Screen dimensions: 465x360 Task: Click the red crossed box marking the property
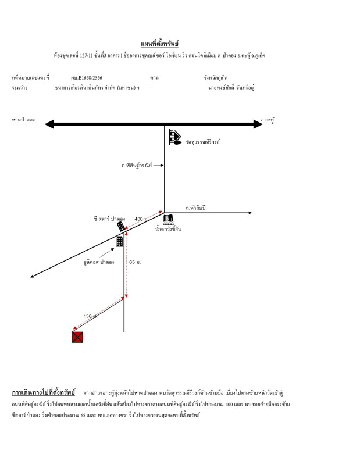77,337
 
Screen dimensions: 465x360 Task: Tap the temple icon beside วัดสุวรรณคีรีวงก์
174,137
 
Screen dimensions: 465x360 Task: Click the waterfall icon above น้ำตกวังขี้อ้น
168,220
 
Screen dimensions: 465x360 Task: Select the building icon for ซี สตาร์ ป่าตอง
121,226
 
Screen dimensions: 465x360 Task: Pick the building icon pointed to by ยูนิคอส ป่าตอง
120,241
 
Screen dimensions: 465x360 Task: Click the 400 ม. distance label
141,219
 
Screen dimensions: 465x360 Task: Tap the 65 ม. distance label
135,263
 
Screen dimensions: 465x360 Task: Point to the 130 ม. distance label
90,317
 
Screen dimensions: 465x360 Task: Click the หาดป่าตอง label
23,120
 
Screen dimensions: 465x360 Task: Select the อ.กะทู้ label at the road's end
268,120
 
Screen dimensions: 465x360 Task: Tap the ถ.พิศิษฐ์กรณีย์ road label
137,166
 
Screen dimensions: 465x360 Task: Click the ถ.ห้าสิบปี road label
195,208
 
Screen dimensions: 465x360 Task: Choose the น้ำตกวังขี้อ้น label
168,230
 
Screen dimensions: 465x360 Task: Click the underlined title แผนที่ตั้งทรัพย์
159,44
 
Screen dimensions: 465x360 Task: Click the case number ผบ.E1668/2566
87,78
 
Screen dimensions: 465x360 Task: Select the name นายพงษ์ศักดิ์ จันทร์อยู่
231,88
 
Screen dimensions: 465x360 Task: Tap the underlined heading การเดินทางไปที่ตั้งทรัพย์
44,393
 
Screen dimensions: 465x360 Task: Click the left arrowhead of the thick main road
49,124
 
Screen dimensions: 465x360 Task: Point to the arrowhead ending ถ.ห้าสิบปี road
250,213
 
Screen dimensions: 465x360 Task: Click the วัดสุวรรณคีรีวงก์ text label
203,142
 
